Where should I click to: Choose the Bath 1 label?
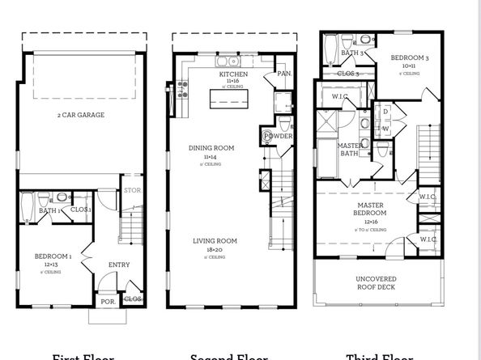[x=48, y=211]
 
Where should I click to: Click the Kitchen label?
[x=232, y=74]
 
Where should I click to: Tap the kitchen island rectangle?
[x=230, y=99]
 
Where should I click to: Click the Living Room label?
[x=215, y=241]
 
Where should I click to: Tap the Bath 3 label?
[x=350, y=53]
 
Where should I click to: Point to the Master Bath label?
[x=350, y=149]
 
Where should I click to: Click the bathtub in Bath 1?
[x=26, y=207]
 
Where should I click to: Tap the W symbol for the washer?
[x=386, y=127]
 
